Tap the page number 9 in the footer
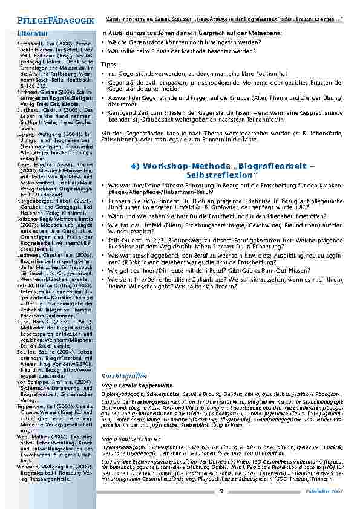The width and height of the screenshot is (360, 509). point(221,491)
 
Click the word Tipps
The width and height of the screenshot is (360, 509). point(110,64)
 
